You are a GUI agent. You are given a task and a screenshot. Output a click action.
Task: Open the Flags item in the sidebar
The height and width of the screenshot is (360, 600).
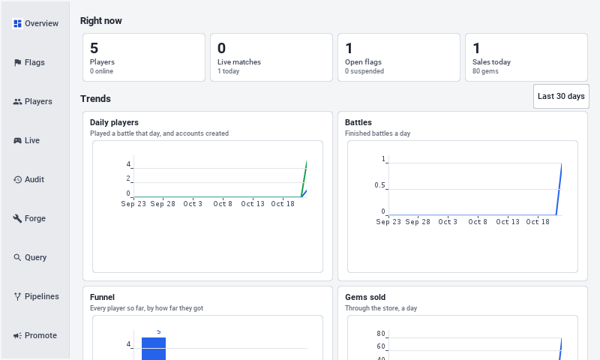(x=29, y=62)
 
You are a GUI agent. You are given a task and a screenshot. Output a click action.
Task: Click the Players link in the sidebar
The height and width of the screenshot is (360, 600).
(x=32, y=101)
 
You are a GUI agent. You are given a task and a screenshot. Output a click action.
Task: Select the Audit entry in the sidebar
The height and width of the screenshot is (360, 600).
(x=28, y=179)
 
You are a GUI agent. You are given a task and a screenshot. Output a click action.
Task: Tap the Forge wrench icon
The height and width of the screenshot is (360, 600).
(x=17, y=218)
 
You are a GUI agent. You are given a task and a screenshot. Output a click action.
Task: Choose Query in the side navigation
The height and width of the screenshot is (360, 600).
(x=30, y=257)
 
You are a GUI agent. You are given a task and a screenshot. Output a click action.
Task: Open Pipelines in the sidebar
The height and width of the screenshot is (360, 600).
(x=36, y=296)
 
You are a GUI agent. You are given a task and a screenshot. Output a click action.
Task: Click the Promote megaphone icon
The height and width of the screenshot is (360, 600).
(x=17, y=335)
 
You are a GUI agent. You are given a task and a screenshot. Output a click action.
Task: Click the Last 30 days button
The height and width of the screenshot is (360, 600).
(x=561, y=97)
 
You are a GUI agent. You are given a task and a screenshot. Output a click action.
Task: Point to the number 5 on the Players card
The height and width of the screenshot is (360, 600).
(x=94, y=48)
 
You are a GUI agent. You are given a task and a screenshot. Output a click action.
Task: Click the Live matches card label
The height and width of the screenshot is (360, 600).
(x=239, y=62)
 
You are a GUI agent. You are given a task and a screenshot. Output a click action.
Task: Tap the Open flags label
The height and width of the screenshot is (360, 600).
(x=363, y=62)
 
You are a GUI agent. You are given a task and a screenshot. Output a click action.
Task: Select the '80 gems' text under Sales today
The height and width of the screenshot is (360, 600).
(x=485, y=71)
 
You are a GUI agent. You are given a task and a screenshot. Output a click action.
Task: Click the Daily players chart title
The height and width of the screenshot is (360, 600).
(x=114, y=122)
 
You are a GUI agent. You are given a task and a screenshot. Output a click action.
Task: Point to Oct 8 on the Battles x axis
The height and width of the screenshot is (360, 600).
(x=478, y=222)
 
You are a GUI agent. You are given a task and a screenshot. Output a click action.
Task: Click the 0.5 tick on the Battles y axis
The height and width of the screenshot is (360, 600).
(x=379, y=185)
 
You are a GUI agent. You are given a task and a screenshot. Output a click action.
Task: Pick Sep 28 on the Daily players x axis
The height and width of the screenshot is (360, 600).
(x=163, y=204)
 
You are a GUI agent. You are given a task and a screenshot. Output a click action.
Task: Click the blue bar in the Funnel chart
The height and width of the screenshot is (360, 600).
(x=154, y=349)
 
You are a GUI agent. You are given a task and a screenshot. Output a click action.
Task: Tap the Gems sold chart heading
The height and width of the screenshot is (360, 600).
(x=365, y=297)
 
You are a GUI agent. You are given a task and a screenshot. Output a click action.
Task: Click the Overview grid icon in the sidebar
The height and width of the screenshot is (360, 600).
(x=17, y=23)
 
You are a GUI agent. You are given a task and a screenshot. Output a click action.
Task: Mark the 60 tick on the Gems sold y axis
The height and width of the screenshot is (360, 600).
(x=381, y=346)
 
